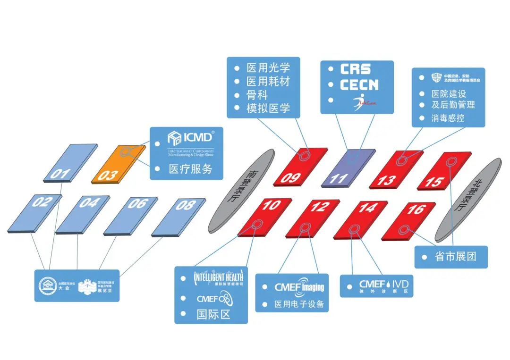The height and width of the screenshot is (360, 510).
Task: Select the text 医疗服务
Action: [x=190, y=169]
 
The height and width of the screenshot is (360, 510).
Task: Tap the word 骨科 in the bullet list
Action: [x=256, y=95]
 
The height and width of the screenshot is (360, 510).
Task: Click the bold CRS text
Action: [x=356, y=69]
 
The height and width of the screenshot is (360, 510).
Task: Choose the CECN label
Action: [x=359, y=85]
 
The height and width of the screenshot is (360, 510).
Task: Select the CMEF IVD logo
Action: [x=383, y=286]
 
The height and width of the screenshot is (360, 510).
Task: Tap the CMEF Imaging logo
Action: [x=299, y=287]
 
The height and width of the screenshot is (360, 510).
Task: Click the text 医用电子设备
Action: [x=299, y=304]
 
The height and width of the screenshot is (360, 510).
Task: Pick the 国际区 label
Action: [x=213, y=314]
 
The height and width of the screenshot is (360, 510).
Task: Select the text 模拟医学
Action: [x=268, y=109]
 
